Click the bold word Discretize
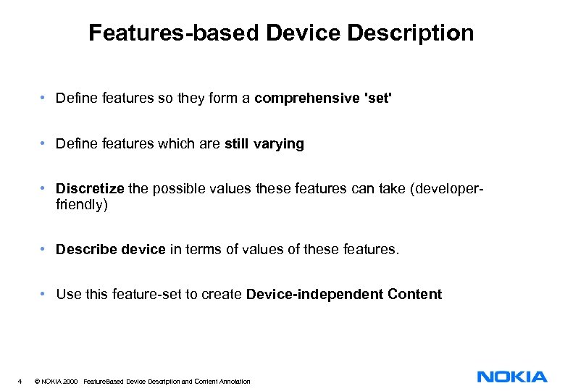(x=91, y=188)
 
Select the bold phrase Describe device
(x=111, y=249)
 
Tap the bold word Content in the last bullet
(x=414, y=294)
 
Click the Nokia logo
(x=512, y=377)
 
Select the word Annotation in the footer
(x=234, y=381)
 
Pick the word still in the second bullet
(x=236, y=143)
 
